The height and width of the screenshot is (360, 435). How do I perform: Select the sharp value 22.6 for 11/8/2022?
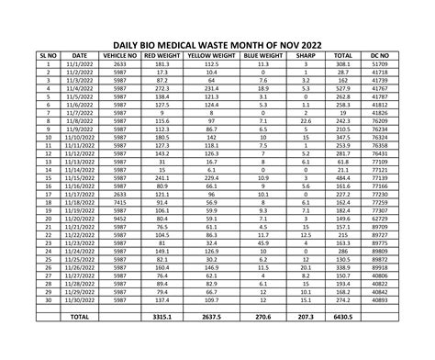click(306, 121)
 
